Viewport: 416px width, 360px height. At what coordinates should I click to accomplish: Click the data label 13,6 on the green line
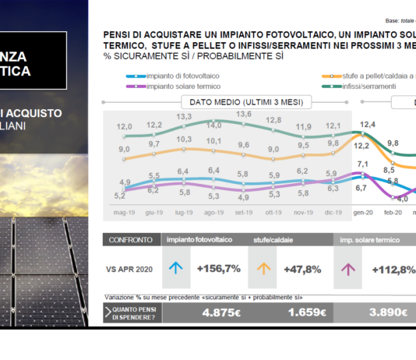[x=243, y=115]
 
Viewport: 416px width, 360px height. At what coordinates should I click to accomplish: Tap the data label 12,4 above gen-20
[x=368, y=125]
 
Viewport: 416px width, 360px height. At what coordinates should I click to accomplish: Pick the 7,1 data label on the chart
[x=362, y=164]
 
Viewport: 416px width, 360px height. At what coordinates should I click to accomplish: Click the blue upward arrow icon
[x=176, y=269]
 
